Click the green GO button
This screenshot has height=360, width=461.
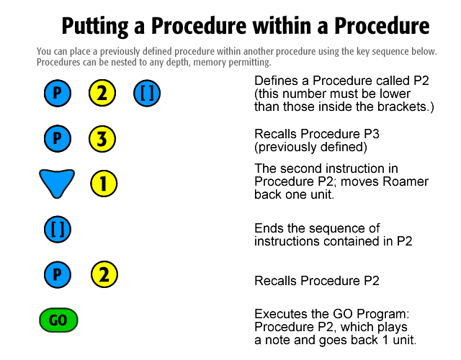(58, 320)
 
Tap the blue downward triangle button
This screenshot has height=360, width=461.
(57, 182)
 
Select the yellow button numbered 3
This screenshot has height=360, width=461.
(102, 139)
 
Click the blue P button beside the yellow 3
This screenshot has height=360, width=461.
(58, 138)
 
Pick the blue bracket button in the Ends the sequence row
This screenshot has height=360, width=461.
(58, 229)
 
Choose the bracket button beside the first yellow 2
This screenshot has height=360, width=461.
(147, 93)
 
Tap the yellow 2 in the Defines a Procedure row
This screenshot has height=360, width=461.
(102, 93)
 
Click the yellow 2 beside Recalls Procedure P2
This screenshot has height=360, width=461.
(104, 274)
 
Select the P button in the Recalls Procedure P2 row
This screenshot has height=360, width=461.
(58, 274)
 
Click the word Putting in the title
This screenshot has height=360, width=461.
(94, 27)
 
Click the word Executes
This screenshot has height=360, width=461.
(281, 314)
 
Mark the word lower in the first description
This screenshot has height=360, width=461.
(395, 94)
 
